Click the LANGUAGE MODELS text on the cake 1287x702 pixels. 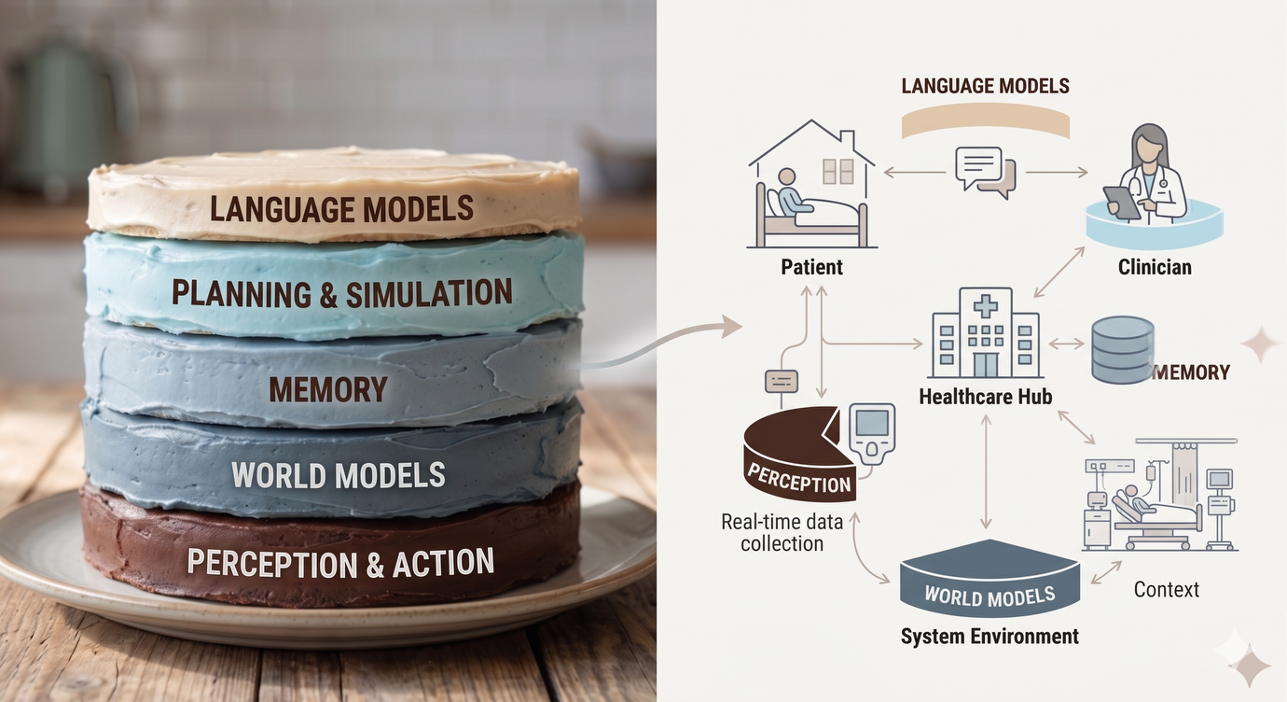pos(342,209)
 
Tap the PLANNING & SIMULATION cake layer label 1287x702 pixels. pos(342,293)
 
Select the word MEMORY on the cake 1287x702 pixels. pos(328,389)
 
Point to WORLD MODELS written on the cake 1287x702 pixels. pos(339,475)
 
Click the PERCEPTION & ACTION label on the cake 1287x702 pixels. pos(340,562)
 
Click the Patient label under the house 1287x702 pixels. pos(812,267)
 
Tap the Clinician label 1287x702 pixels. pos(1155,267)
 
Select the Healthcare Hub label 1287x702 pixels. pos(986,397)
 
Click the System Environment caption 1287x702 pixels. pos(989,637)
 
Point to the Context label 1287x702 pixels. pos(1167,589)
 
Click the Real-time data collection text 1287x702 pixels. pos(782,532)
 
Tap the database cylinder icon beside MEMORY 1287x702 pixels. pos(1122,349)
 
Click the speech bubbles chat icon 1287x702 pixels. pos(986,173)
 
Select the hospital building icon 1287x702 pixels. pos(986,332)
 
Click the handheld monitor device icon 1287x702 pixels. pos(872,433)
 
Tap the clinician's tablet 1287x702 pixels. pos(1122,203)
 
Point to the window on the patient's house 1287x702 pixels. pos(837,172)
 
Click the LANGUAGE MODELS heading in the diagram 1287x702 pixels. pos(986,86)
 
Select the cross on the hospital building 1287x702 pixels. pos(986,306)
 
